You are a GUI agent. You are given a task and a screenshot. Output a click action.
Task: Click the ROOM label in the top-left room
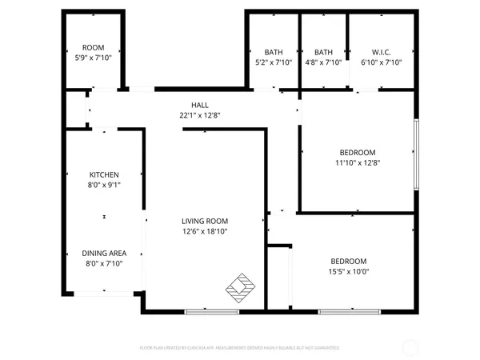[93, 48]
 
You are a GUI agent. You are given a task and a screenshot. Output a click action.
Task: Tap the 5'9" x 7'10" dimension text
[93, 58]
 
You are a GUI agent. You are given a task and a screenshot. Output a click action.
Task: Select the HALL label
[199, 105]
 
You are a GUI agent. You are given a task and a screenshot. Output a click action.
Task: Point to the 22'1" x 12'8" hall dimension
[199, 115]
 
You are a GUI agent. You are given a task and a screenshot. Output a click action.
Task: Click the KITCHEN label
[104, 174]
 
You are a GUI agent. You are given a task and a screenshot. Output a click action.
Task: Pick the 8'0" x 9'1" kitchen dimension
[104, 185]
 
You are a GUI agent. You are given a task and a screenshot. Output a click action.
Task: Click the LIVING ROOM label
[205, 222]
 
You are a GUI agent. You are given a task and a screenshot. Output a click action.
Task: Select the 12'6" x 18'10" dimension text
[205, 232]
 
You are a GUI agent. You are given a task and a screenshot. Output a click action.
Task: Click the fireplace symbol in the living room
[242, 285]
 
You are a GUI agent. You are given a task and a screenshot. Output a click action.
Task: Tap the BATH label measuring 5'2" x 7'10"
[273, 52]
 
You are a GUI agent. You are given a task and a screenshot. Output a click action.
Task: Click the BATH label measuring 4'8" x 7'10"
[323, 52]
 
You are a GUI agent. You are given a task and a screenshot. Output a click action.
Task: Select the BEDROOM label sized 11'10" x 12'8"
[357, 152]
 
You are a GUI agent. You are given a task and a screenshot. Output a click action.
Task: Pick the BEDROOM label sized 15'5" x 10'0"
[349, 261]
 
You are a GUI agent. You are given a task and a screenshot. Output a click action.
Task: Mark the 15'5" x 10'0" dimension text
[349, 271]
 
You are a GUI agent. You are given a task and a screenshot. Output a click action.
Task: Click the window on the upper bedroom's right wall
[416, 154]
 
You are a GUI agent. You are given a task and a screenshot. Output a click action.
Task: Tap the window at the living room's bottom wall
[211, 310]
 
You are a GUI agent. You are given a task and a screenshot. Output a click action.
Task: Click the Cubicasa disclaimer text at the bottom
[240, 348]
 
